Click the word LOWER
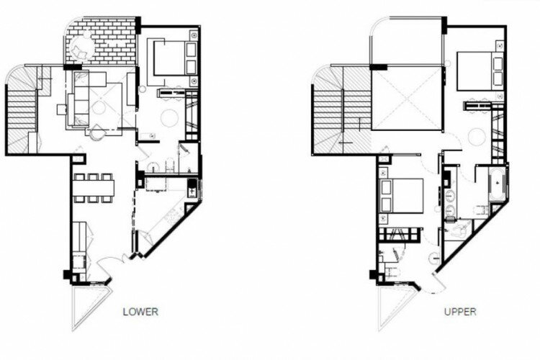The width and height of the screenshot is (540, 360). [x=140, y=312]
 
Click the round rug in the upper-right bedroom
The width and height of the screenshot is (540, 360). [x=477, y=134]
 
